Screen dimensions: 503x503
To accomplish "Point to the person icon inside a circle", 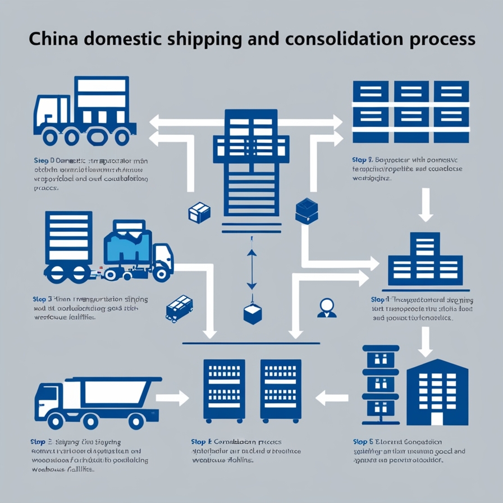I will tap(326, 307).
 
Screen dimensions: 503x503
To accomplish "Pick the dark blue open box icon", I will tap(307, 210).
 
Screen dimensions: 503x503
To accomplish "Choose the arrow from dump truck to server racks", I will tap(172, 399).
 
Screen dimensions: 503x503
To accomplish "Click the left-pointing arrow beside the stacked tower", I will tap(328, 399).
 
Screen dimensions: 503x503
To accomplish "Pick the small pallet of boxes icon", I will tap(180, 308).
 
